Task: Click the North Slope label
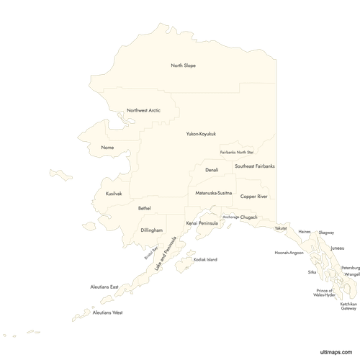(x=183, y=66)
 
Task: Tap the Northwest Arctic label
(x=143, y=110)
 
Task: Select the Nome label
(x=108, y=148)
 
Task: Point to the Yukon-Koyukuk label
(x=201, y=134)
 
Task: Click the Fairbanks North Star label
(x=237, y=153)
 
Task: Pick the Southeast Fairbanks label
(x=254, y=166)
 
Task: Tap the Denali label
(x=212, y=170)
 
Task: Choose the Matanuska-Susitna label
(x=213, y=194)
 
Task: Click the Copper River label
(x=253, y=196)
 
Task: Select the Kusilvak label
(x=114, y=194)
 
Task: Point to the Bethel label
(x=145, y=208)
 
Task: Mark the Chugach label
(x=248, y=217)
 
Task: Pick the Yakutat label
(x=279, y=228)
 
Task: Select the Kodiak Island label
(x=205, y=259)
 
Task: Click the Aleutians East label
(x=104, y=287)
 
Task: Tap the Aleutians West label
(x=108, y=312)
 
